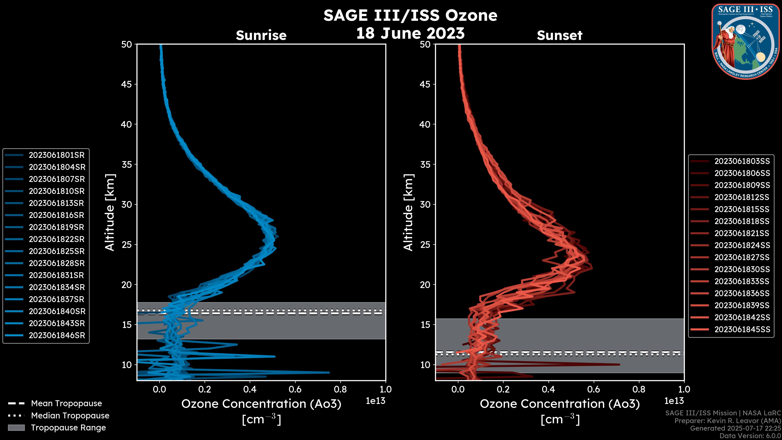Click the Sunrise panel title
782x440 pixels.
coord(261,35)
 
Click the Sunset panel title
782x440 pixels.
coord(559,35)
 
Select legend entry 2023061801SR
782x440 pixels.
coord(56,155)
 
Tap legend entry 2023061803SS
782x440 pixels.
coord(742,161)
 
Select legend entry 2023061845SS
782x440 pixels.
coord(742,329)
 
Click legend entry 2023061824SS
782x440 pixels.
coord(742,245)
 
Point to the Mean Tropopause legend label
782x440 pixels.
coord(66,404)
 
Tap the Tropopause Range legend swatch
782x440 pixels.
coord(16,428)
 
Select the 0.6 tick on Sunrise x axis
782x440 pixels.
coord(295,389)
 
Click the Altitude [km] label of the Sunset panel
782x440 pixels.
coord(408,212)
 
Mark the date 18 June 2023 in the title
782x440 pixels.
coord(410,33)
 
